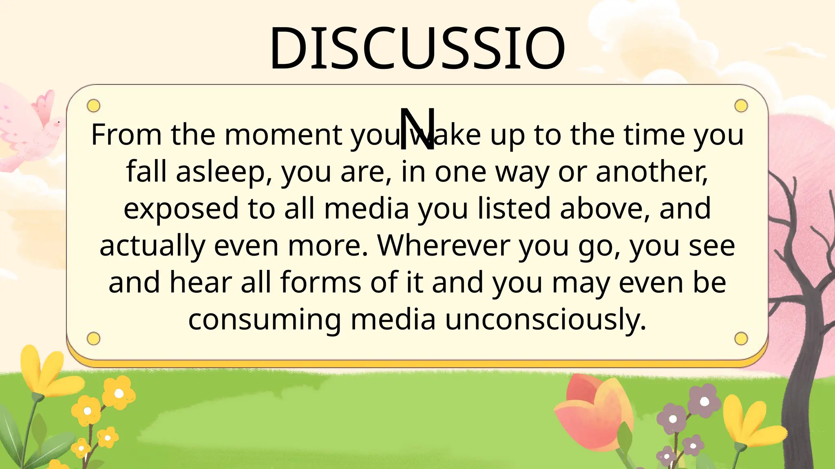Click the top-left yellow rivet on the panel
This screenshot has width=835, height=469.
pyautogui.click(x=94, y=106)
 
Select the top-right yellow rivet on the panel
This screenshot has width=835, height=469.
pyautogui.click(x=741, y=106)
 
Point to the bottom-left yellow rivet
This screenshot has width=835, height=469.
pyautogui.click(x=94, y=338)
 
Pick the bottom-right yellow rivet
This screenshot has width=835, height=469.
pyautogui.click(x=741, y=338)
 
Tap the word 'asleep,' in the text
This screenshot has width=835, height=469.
pyautogui.click(x=224, y=172)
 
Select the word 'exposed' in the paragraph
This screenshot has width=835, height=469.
pyautogui.click(x=181, y=209)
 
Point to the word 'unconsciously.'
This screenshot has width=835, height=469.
pyautogui.click(x=546, y=320)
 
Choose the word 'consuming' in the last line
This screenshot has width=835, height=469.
pyautogui.click(x=265, y=320)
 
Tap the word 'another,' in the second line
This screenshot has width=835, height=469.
pyautogui.click(x=652, y=172)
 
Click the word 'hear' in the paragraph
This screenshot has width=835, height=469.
pyautogui.click(x=201, y=283)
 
